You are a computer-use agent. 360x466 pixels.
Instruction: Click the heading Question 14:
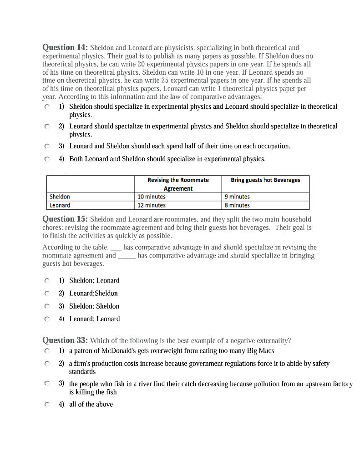pyautogui.click(x=65, y=47)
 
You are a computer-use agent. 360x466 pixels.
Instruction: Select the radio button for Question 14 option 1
pyautogui.click(x=47, y=106)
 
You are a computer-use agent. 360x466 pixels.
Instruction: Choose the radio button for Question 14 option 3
pyautogui.click(x=47, y=147)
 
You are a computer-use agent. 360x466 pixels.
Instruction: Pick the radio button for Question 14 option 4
pyautogui.click(x=47, y=159)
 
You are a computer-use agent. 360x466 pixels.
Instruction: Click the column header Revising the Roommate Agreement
pyautogui.click(x=178, y=184)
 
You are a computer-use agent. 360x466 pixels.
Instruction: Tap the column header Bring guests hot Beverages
pyautogui.click(x=265, y=180)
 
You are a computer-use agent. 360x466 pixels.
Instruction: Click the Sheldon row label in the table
pyautogui.click(x=60, y=197)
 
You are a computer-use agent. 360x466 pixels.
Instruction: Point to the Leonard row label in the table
pyautogui.click(x=60, y=205)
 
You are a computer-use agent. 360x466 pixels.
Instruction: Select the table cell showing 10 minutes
pyautogui.click(x=152, y=197)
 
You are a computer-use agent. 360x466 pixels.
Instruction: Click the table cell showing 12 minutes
pyautogui.click(x=152, y=205)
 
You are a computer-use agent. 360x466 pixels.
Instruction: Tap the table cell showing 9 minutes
pyautogui.click(x=237, y=197)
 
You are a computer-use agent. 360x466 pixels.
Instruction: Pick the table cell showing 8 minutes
pyautogui.click(x=237, y=205)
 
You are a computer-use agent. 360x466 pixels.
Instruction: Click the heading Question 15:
pyautogui.click(x=65, y=219)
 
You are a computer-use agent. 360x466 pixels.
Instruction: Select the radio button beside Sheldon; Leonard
pyautogui.click(x=47, y=281)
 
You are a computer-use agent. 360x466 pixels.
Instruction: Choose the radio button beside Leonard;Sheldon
pyautogui.click(x=47, y=294)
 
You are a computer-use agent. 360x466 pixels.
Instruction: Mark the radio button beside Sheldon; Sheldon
pyautogui.click(x=47, y=306)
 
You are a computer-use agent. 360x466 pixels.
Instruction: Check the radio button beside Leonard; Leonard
pyautogui.click(x=47, y=319)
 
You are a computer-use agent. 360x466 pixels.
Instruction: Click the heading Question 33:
pyautogui.click(x=65, y=340)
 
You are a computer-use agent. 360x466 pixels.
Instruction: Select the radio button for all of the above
pyautogui.click(x=47, y=404)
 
